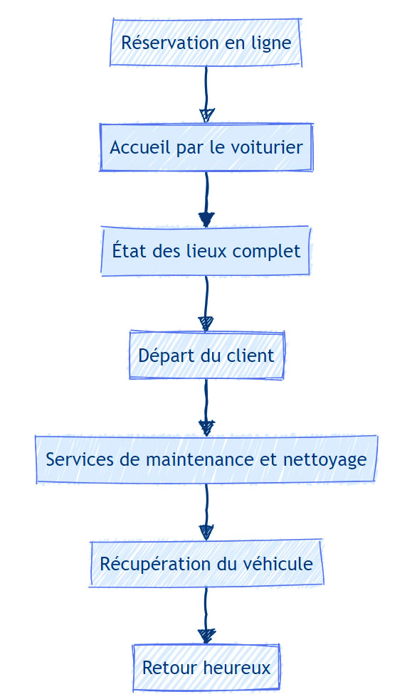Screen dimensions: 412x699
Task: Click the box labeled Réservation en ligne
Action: (x=206, y=43)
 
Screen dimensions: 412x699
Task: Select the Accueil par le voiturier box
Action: (x=206, y=147)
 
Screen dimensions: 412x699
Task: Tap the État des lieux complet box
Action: (x=206, y=251)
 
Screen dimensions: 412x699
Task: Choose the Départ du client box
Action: (x=206, y=356)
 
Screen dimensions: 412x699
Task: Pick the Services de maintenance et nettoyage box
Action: (x=206, y=459)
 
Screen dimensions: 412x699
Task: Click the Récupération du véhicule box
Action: (x=206, y=563)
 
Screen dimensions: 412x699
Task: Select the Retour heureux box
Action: (x=206, y=667)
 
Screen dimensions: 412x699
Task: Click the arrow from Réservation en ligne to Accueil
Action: (x=206, y=95)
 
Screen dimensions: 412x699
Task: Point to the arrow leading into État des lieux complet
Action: (x=206, y=199)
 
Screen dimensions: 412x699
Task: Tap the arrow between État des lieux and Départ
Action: (x=206, y=303)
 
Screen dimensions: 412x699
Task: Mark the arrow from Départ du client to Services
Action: (x=206, y=407)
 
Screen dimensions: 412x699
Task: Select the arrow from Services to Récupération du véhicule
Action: (x=206, y=511)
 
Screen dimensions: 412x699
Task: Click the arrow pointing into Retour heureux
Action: (x=206, y=616)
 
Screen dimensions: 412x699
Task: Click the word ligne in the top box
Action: (x=272, y=43)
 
